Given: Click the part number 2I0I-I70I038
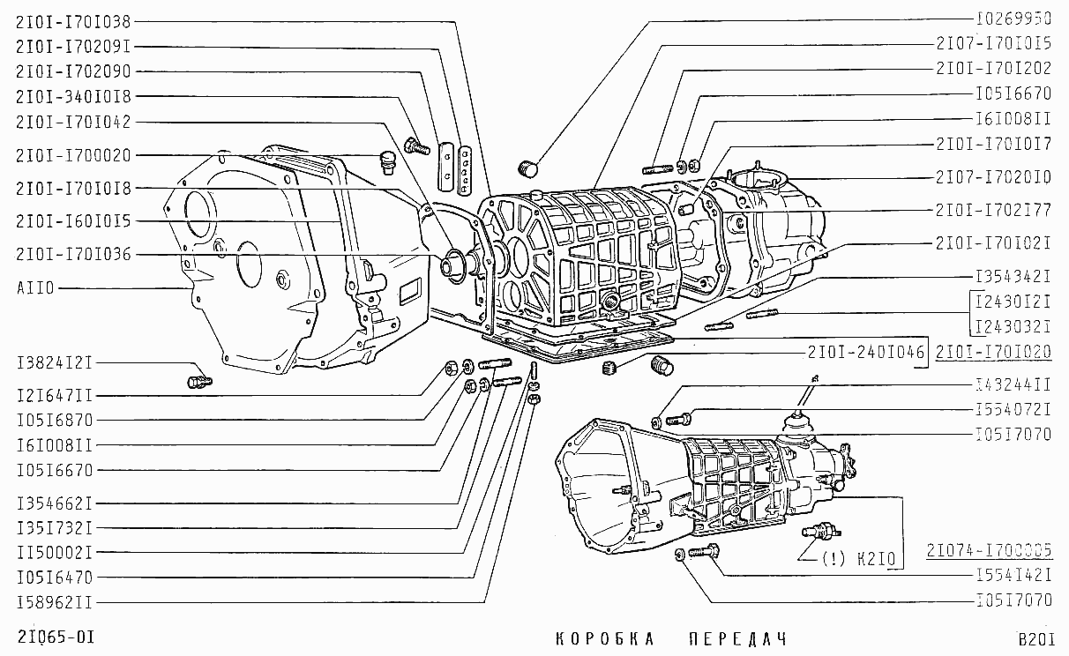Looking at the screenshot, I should tap(73, 21).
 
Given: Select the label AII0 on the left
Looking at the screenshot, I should tap(35, 287).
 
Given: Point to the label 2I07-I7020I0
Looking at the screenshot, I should tap(993, 177).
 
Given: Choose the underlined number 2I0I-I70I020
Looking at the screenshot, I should tap(993, 352).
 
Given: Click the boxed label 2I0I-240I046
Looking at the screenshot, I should tap(865, 353).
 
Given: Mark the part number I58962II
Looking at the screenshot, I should tap(55, 603).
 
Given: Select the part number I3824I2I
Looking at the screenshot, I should tap(55, 363).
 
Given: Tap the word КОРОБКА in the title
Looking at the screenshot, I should tap(605, 638).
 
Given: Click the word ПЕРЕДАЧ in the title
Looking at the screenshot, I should tap(736, 638).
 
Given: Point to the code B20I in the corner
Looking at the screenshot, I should tap(1035, 639).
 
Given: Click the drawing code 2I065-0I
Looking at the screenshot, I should tap(55, 636).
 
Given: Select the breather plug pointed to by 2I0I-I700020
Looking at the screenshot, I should tap(385, 161).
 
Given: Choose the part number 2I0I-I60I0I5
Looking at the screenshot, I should tap(73, 220).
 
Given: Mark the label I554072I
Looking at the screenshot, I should tap(1013, 409).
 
